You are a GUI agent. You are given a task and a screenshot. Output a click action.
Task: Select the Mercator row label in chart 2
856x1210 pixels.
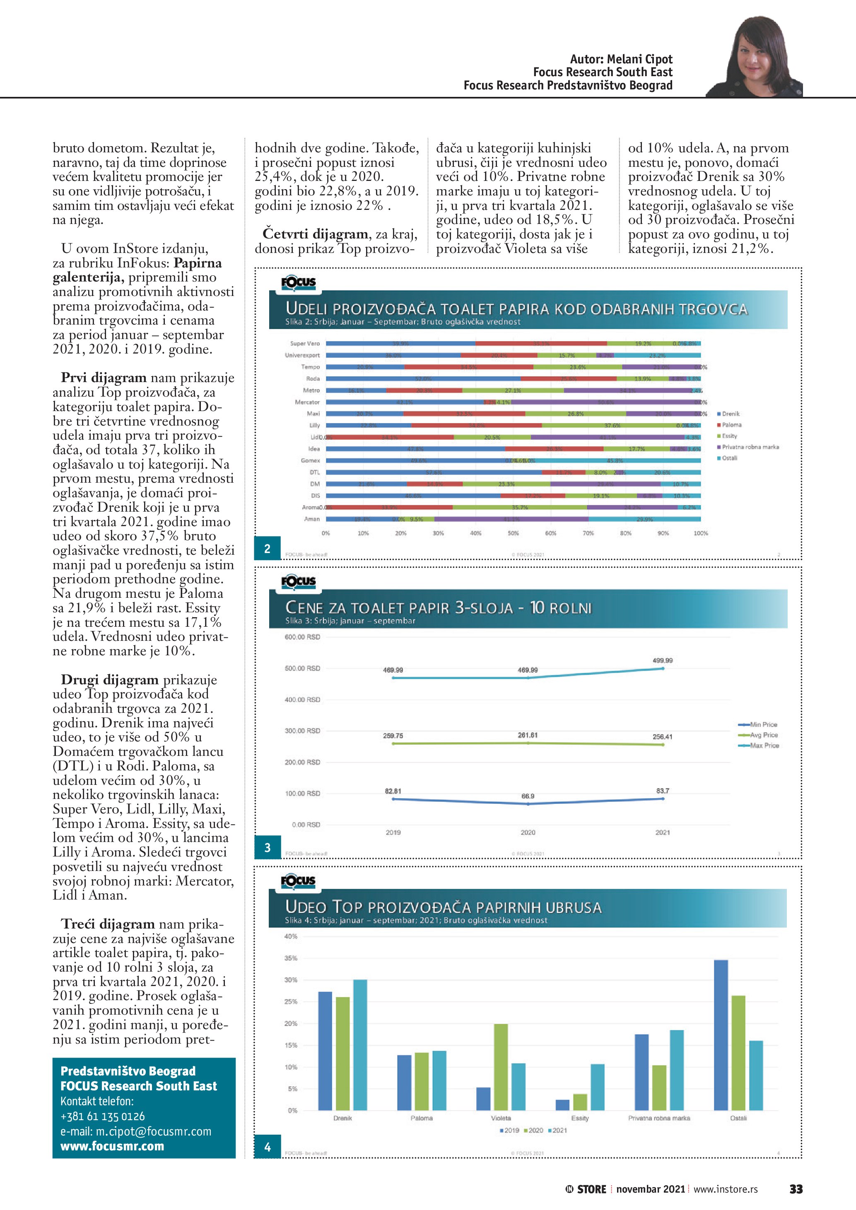(307, 402)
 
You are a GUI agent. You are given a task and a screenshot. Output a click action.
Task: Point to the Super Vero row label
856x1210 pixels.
(305, 344)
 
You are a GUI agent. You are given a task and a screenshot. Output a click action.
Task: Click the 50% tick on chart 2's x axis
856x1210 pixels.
(513, 533)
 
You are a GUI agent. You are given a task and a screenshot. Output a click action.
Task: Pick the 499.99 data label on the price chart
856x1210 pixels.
(662, 660)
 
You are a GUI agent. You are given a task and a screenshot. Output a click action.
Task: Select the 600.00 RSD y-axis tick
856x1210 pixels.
(302, 637)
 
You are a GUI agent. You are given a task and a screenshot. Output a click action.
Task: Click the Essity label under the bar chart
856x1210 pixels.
(580, 1118)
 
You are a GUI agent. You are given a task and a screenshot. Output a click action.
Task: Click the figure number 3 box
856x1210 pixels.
(267, 847)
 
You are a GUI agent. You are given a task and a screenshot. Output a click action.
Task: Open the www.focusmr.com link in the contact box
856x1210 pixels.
(112, 1146)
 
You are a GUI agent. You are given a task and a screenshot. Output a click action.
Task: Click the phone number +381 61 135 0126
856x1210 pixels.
(102, 1116)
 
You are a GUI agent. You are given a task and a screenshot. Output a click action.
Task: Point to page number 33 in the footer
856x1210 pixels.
(796, 1189)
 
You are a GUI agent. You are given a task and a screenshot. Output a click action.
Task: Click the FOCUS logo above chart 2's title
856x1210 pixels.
(298, 282)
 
